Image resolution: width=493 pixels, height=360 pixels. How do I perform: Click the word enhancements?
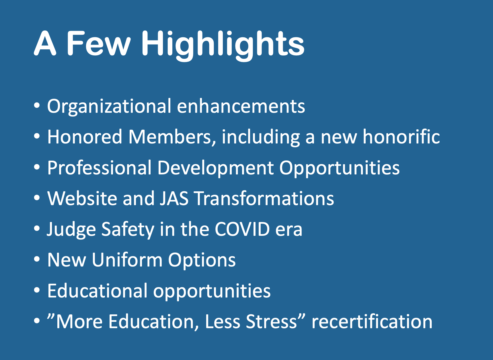coord(241,106)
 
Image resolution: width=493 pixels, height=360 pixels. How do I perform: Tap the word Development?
coord(215,168)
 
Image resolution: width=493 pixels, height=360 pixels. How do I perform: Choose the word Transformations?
coord(264,198)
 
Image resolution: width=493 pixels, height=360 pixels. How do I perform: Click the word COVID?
coord(242,229)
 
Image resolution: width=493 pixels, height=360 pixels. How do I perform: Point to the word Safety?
coord(128,230)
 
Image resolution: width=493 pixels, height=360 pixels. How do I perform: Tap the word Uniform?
coord(127,260)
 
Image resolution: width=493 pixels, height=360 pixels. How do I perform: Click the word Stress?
coord(271,322)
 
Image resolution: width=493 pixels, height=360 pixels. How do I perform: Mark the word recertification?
coord(372,321)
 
